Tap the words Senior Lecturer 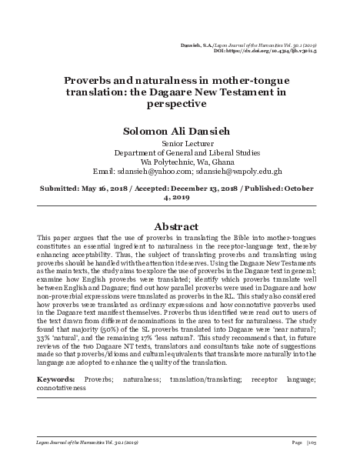[x=179, y=143]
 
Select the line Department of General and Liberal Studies [x=179, y=152]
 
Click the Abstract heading [x=179, y=228]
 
